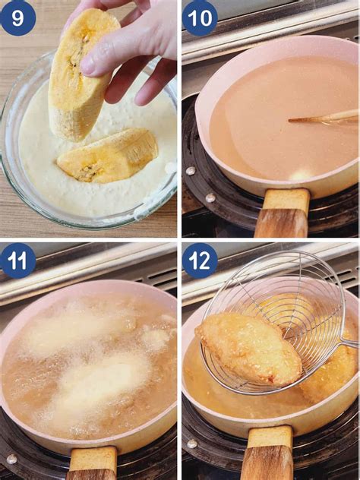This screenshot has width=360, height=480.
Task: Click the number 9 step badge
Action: pyautogui.click(x=17, y=17)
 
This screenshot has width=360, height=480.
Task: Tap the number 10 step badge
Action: pyautogui.click(x=200, y=17)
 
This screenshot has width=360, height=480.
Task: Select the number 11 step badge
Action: pyautogui.click(x=17, y=261)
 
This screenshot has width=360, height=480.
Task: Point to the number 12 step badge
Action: pyautogui.click(x=200, y=261)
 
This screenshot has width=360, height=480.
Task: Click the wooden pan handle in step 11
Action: pyautogui.click(x=93, y=463)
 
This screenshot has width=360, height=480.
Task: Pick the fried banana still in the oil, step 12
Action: pyautogui.click(x=330, y=372)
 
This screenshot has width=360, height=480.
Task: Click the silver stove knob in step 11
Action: pyautogui.click(x=11, y=459)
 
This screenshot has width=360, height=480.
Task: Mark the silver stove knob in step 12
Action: pyautogui.click(x=192, y=444)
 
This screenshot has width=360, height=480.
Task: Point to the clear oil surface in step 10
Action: pyautogui.click(x=258, y=129)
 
